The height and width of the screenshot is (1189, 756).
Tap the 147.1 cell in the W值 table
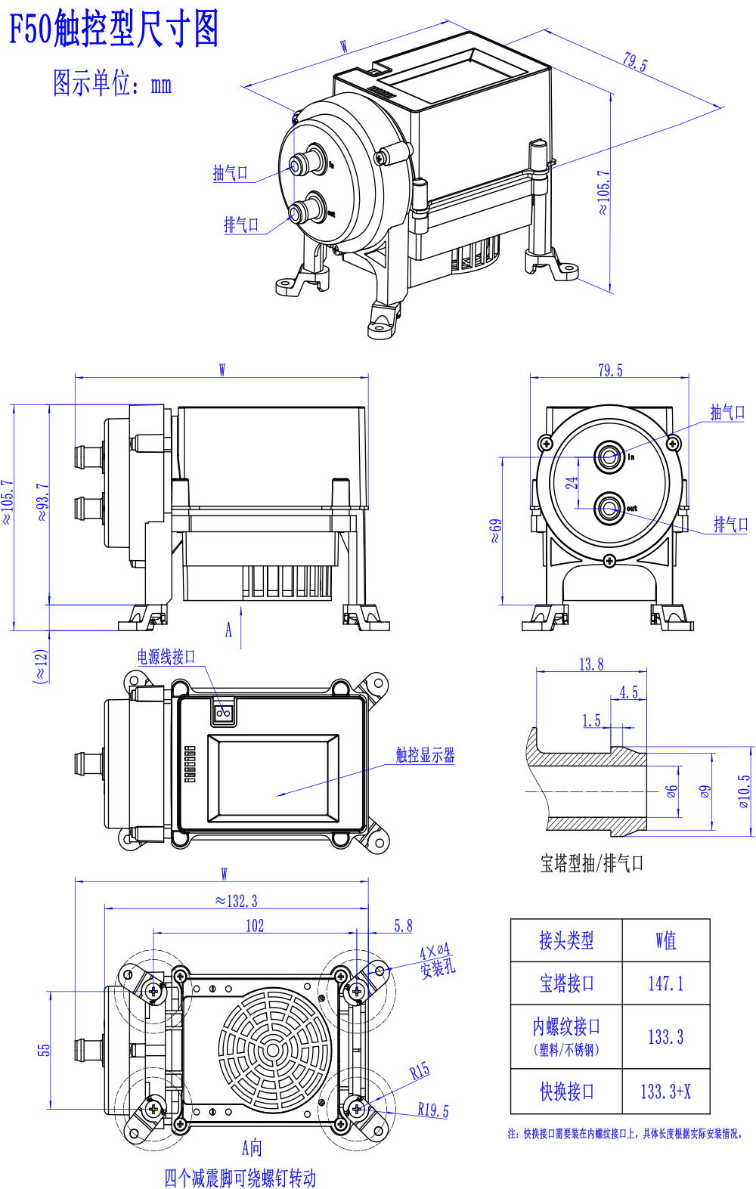point(665,983)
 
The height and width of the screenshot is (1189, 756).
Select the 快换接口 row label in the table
point(566,1091)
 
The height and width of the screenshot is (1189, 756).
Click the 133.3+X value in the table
point(665,1091)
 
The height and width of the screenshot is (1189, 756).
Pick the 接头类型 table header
point(566,940)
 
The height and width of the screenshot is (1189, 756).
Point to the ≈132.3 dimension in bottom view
point(236,901)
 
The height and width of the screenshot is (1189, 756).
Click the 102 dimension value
point(255,926)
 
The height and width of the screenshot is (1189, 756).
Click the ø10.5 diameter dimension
point(745,791)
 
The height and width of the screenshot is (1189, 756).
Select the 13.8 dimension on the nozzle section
point(591,664)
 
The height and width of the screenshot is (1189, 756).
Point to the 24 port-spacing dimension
point(571,483)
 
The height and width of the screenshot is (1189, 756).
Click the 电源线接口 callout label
point(166,657)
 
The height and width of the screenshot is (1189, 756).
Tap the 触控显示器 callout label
point(425,755)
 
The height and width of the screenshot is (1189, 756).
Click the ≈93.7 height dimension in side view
point(42,502)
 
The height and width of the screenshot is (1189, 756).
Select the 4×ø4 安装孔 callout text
point(437,961)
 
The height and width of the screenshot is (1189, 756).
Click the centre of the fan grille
point(274,1050)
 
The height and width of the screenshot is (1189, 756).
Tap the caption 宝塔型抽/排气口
point(592,863)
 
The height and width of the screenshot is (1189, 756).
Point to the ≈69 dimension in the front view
point(494,531)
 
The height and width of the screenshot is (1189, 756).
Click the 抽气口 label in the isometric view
point(231,172)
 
